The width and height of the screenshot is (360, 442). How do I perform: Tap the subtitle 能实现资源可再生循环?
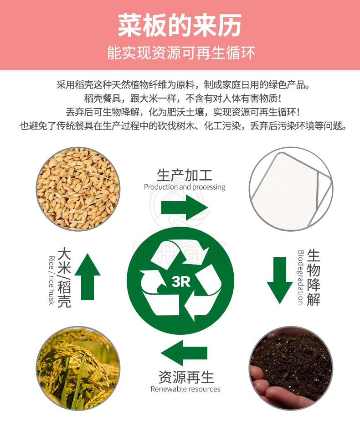[x=181, y=52]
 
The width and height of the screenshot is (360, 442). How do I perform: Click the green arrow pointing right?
[x=185, y=208]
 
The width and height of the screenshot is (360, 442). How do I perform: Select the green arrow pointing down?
[x=280, y=280]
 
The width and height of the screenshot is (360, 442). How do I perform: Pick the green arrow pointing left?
[x=184, y=353]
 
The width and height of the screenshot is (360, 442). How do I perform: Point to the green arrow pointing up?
[x=87, y=276]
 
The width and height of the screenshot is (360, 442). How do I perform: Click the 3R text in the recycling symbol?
[x=181, y=281]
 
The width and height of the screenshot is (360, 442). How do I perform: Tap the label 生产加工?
[x=185, y=175]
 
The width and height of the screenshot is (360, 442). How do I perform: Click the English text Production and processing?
[x=185, y=187]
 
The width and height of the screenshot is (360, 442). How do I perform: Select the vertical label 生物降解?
[x=314, y=277]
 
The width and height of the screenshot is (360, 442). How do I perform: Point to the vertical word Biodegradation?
[x=301, y=277]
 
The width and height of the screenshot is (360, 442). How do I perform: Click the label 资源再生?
[x=186, y=377]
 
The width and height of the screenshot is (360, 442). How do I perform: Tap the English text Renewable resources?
[x=185, y=389]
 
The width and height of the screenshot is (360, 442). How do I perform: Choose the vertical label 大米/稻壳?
[x=64, y=277]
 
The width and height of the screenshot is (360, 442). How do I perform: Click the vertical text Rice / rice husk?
[x=51, y=280]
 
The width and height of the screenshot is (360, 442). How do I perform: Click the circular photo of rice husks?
[x=78, y=189]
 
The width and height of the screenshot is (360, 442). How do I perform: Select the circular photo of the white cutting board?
[x=291, y=189]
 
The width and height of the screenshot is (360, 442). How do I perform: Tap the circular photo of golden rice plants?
[x=78, y=368]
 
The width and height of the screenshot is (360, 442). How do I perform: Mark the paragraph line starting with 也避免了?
[x=183, y=126]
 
